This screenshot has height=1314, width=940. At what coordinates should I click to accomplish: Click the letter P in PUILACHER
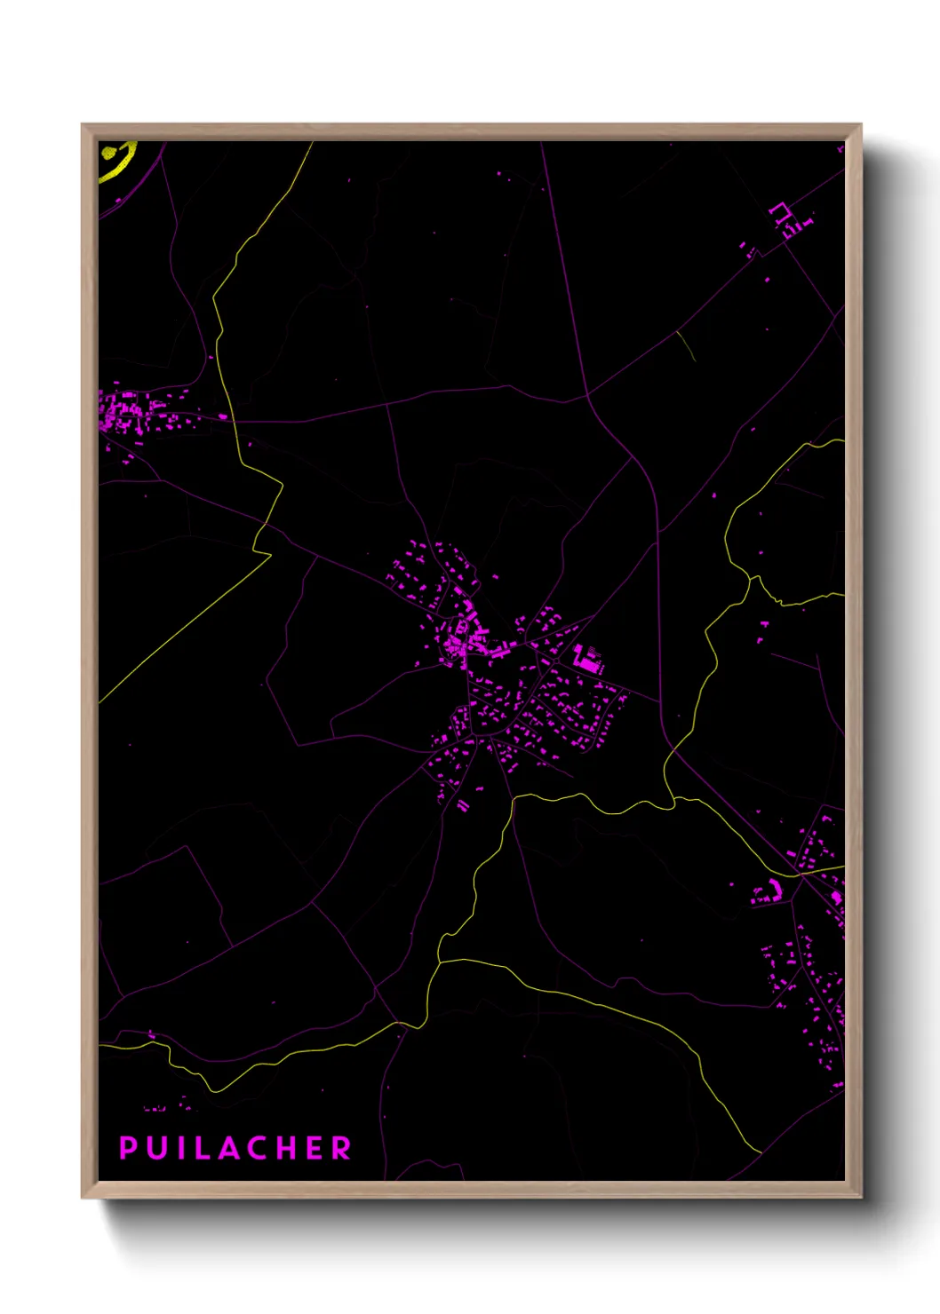128,1148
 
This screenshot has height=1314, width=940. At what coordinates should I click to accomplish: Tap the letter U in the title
157,1148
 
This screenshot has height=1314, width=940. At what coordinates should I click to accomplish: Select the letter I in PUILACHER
180,1148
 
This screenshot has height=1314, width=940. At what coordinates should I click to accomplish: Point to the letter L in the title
203,1148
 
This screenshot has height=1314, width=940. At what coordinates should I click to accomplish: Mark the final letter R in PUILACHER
342,1148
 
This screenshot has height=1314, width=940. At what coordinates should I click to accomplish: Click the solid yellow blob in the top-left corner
109,153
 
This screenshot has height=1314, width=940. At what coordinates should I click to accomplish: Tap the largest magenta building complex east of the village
588,660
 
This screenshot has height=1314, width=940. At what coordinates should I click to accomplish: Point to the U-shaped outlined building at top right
780,212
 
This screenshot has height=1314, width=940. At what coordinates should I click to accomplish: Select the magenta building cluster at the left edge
124,413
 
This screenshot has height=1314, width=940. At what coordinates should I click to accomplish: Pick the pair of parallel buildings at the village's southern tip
463,805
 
